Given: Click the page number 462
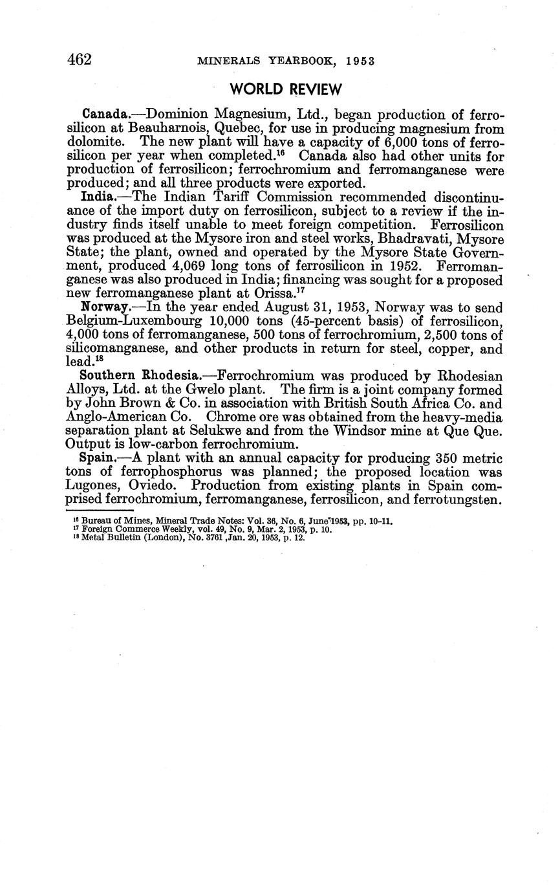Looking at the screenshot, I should click(x=80, y=60).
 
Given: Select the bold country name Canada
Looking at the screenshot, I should click(x=103, y=115).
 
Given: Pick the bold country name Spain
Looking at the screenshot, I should click(x=98, y=458).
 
